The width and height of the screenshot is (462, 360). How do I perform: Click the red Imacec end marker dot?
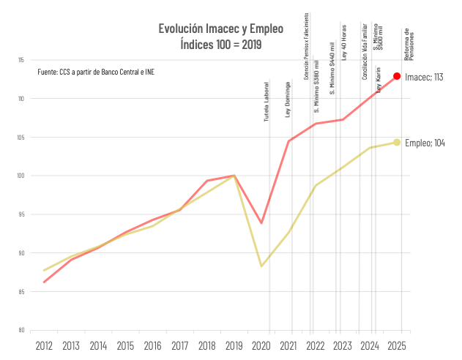pos(397,76)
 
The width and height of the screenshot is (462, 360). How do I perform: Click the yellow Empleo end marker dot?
pos(397,143)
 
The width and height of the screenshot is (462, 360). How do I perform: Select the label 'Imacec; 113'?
pos(425,77)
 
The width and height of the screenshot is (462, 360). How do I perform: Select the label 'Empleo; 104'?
pos(425,143)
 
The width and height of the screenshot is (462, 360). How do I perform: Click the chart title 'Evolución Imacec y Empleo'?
pos(220,29)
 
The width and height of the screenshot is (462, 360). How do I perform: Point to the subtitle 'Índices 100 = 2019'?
pos(220,44)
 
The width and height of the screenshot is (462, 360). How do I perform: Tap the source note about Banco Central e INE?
pos(96,72)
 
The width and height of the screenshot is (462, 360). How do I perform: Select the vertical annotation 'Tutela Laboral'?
pos(267,101)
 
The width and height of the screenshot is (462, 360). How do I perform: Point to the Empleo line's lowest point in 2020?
pos(261,266)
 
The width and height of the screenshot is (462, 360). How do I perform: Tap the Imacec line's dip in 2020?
pos(261,222)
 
